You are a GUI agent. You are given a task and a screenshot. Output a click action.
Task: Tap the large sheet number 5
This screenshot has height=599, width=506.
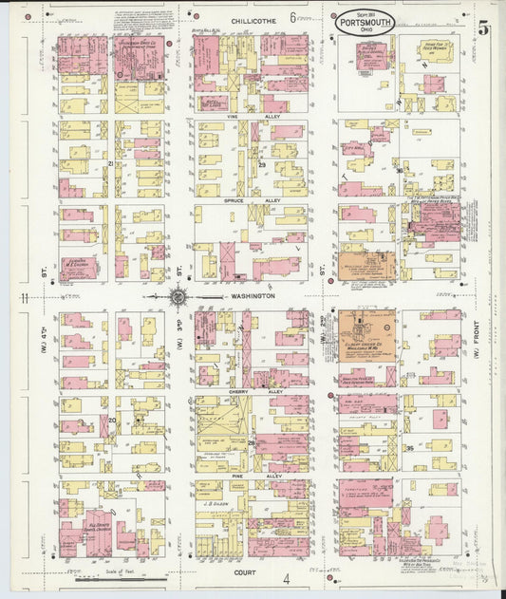pos(483,29)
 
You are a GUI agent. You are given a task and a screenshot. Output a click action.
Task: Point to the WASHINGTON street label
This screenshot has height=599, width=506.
pos(253,296)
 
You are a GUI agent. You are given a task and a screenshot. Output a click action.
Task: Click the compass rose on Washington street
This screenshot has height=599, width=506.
pos(178,297)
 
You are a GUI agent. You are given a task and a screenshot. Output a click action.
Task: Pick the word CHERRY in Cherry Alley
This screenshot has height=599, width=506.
pos(241,390)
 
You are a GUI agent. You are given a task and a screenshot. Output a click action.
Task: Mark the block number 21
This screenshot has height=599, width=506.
pos(111,164)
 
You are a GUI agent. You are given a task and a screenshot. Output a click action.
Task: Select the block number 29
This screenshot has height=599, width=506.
pos(261,164)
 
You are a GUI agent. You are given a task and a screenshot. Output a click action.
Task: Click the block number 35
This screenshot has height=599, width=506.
pos(410,447)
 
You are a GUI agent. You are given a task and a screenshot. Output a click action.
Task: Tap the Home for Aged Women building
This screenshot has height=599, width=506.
pos(436,47)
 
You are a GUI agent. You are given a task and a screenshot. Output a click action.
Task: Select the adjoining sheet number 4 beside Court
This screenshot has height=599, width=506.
pos(284,577)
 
